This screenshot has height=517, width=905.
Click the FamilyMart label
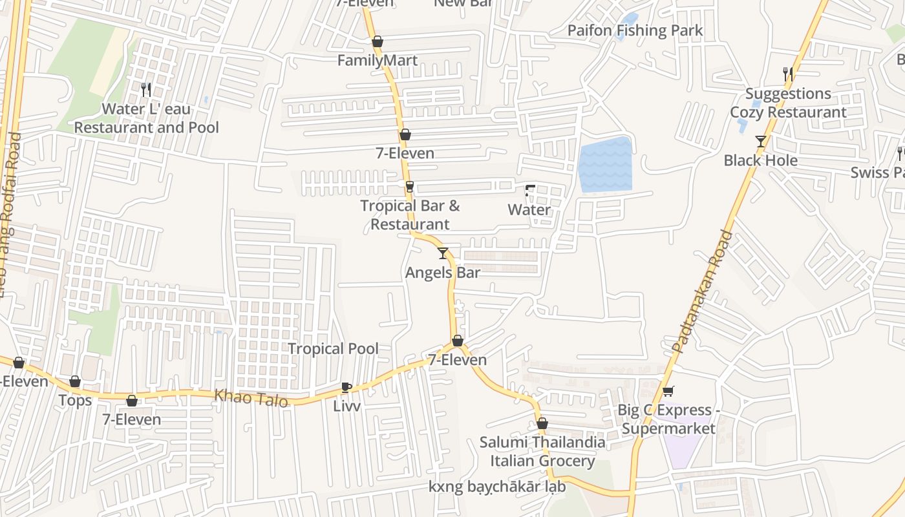(378, 61)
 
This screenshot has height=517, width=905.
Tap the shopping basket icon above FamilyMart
(378, 41)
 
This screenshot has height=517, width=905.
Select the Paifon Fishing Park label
(635, 30)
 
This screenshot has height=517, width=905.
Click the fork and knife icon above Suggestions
(788, 74)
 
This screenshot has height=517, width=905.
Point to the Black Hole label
(760, 160)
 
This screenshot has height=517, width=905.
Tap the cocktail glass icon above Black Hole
(761, 142)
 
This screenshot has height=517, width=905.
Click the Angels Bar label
(443, 273)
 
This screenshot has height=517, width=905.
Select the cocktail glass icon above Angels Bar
(443, 253)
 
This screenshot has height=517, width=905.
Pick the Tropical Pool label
(333, 349)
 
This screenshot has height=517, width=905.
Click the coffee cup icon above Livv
(346, 387)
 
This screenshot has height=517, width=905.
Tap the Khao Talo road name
(251, 397)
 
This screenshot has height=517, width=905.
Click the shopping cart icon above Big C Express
(668, 391)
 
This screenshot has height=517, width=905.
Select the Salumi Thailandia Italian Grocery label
(542, 452)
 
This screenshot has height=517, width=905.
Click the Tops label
(75, 401)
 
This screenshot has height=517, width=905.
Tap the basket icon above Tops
(75, 381)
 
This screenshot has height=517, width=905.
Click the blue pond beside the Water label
(605, 165)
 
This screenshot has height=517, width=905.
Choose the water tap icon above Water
(530, 191)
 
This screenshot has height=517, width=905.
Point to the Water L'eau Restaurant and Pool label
(146, 118)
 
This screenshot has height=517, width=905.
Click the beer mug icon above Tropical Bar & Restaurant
(409, 187)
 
